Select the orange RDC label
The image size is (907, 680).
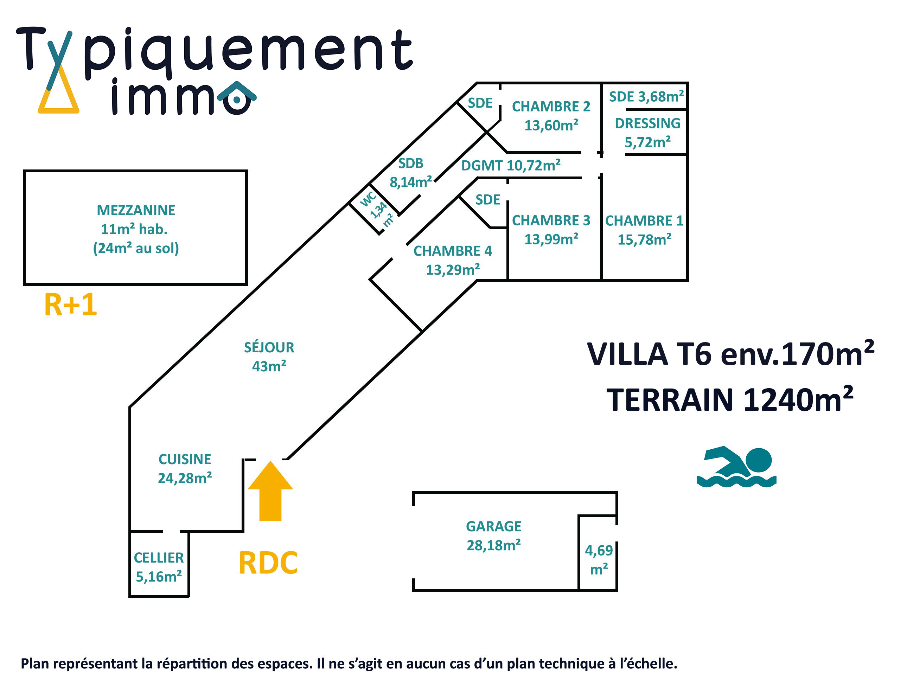click(x=268, y=563)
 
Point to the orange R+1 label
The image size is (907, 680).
click(x=71, y=304)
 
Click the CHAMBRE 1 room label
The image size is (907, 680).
click(x=644, y=221)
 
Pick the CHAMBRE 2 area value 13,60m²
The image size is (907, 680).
click(x=551, y=125)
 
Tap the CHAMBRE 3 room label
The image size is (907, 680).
click(x=551, y=220)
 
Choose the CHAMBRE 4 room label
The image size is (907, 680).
click(x=453, y=251)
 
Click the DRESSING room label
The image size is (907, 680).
click(x=647, y=123)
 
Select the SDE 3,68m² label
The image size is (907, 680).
click(x=646, y=97)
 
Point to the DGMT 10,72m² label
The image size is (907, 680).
click(x=511, y=166)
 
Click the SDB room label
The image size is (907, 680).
click(x=411, y=163)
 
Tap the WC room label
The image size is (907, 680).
click(x=368, y=199)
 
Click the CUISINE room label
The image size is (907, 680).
click(x=185, y=459)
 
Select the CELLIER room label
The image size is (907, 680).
click(x=159, y=558)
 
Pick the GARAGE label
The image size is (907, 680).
click(x=494, y=526)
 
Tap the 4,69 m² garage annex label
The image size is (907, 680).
click(x=599, y=559)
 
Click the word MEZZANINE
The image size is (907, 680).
click(x=136, y=210)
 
